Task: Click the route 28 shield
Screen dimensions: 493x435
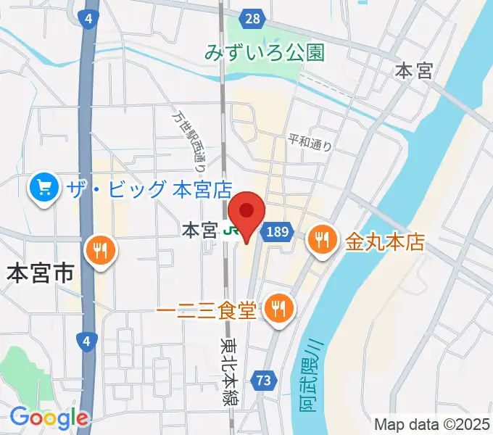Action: pos(252,20)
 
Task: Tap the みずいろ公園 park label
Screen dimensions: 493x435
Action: pos(264,52)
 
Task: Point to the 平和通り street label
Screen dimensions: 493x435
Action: pos(310,141)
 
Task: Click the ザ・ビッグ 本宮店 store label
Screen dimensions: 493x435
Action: pos(149,190)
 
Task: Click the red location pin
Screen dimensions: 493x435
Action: pos(247,214)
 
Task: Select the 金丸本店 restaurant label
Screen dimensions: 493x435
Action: pos(384,239)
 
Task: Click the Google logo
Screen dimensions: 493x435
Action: pos(49,418)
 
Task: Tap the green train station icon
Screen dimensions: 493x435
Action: pos(231,231)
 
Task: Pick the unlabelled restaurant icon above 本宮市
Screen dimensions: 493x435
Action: pos(100,252)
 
